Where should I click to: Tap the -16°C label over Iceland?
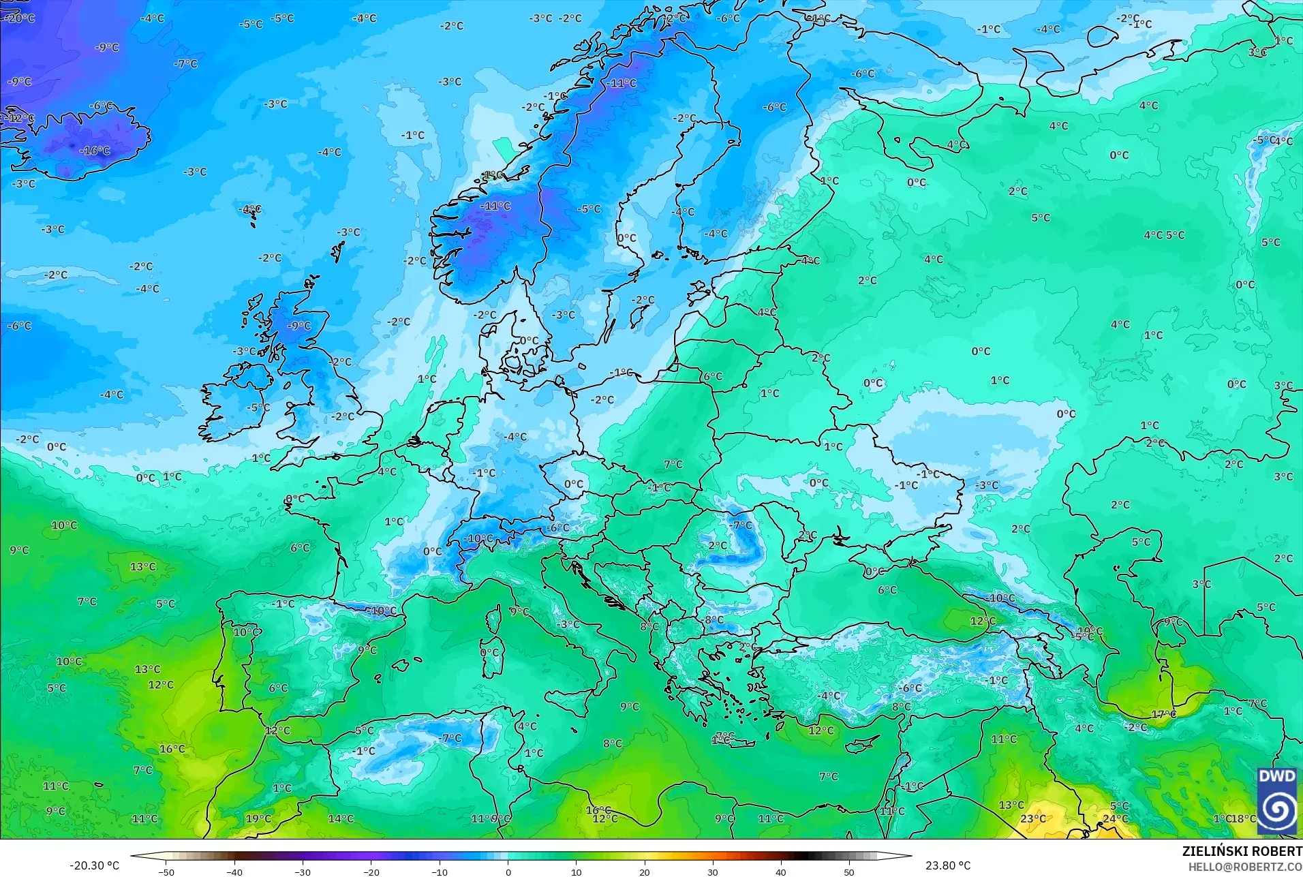[x=94, y=151]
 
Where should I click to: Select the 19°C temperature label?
[x=258, y=819]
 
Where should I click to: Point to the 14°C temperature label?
[x=341, y=819]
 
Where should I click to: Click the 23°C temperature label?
[x=1033, y=819]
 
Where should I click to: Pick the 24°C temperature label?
[x=1116, y=819]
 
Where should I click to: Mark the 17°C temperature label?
[x=1164, y=715]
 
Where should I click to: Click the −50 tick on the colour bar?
[x=166, y=872]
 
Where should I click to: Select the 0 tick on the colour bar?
[x=508, y=872]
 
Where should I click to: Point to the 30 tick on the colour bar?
[x=713, y=872]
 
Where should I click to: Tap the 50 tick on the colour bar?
[x=849, y=872]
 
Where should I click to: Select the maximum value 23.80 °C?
[x=947, y=865]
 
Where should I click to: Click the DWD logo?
[x=1276, y=801]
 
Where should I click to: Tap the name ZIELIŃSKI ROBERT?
[x=1242, y=852]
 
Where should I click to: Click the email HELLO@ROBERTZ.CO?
[x=1245, y=867]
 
